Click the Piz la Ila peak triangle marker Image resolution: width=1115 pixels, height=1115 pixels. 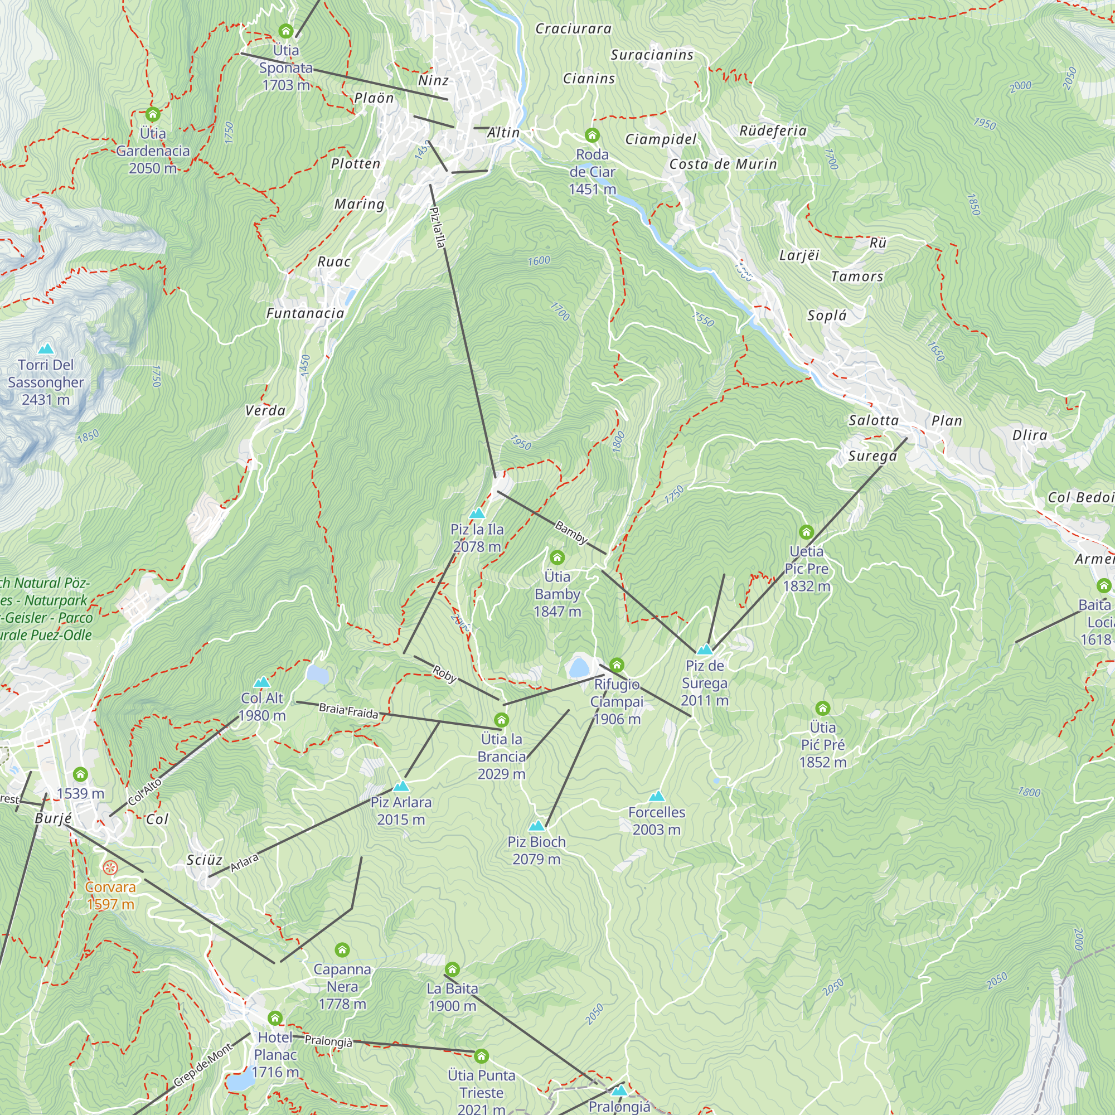point(477,513)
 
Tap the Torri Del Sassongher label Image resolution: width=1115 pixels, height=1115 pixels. point(46,382)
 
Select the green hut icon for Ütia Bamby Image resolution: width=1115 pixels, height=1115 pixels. point(557,557)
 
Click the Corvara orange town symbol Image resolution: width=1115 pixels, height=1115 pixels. point(110,867)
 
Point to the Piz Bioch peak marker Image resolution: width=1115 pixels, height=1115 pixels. point(537,826)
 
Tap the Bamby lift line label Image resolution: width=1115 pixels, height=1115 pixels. point(571,532)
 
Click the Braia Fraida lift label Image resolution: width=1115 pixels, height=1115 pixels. point(348,711)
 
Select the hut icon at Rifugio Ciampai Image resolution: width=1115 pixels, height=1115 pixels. point(617,666)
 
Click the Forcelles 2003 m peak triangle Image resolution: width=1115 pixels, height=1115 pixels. point(656,797)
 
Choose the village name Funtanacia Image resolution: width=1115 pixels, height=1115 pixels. point(306,313)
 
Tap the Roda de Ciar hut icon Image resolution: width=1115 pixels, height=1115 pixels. point(592,135)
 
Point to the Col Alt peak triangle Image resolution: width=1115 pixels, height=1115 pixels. point(262,682)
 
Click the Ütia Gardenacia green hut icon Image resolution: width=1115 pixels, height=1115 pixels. point(152,114)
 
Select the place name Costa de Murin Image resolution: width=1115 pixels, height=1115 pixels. point(723,164)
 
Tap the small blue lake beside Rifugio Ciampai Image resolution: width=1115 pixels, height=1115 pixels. point(578,668)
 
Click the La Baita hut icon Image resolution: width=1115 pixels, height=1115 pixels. point(453,969)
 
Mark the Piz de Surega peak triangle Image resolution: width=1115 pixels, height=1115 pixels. point(705,649)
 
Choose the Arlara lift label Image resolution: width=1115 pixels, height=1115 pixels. point(244,863)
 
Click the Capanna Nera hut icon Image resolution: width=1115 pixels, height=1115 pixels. point(342,950)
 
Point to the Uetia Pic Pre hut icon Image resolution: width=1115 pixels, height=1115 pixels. point(806,532)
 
